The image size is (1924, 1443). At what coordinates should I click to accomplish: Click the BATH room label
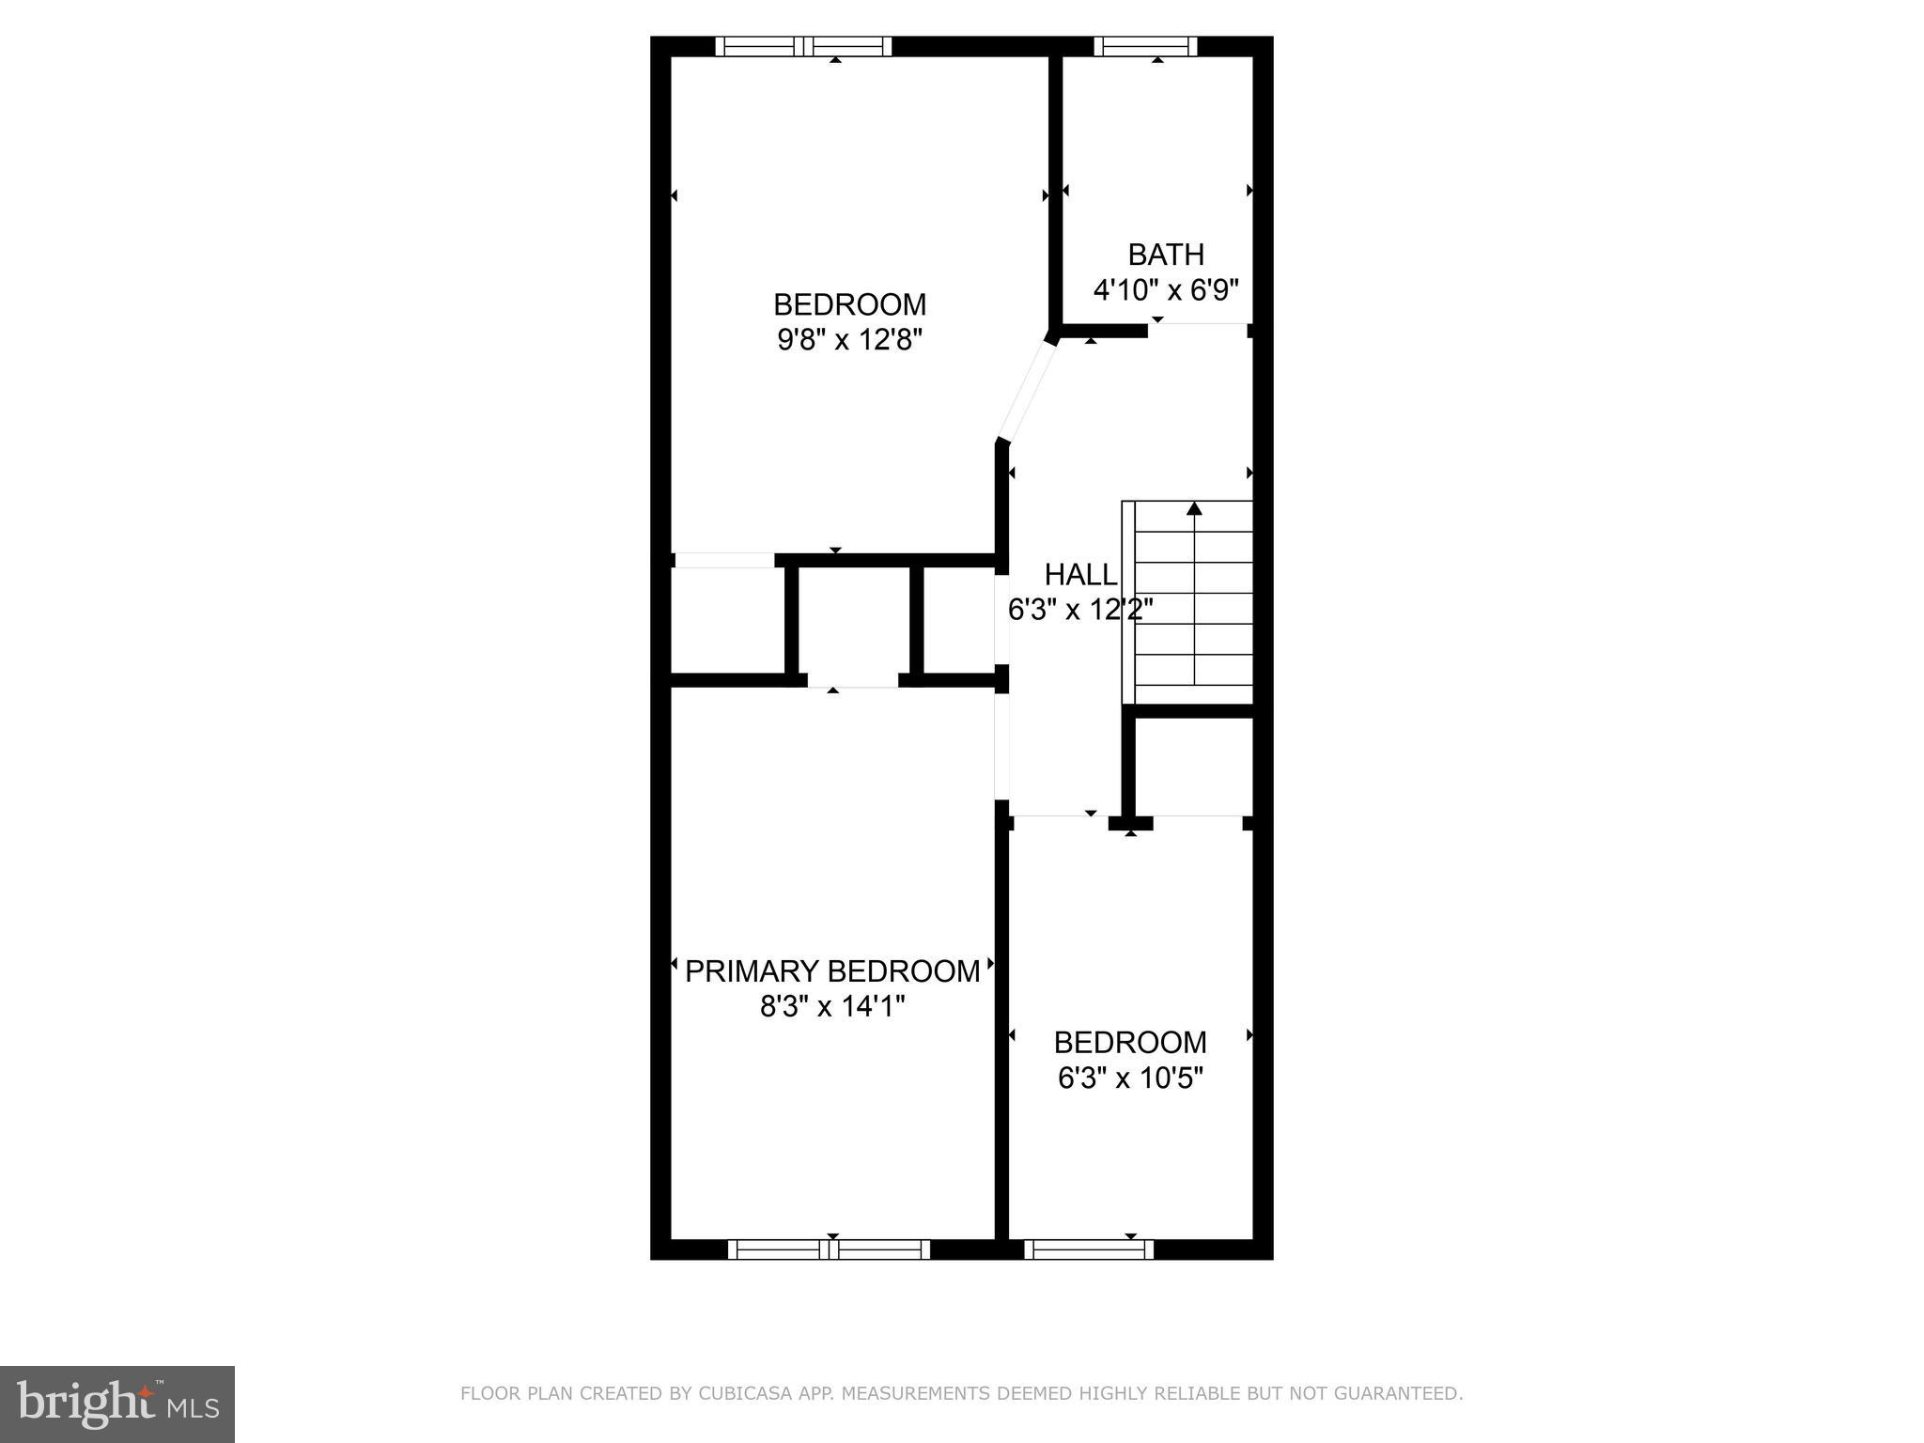[x=1166, y=255]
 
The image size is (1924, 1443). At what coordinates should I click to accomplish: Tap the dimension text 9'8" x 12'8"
[x=850, y=339]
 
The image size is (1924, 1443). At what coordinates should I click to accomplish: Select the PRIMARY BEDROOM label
[x=832, y=971]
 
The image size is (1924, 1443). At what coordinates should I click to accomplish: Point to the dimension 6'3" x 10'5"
[x=1130, y=1078]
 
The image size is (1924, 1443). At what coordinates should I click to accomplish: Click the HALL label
[x=1080, y=574]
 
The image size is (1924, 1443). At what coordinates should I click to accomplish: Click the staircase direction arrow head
[x=1194, y=509]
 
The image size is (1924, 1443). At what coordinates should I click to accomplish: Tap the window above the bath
[x=1145, y=46]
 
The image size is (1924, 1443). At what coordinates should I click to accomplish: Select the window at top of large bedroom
[x=803, y=46]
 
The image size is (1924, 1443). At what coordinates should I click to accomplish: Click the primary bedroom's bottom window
[x=829, y=1249]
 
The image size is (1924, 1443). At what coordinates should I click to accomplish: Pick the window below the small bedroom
[x=1089, y=1249]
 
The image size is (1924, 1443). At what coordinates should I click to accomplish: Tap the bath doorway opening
[x=1198, y=325]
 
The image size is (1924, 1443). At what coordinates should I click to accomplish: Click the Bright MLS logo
[x=116, y=1404]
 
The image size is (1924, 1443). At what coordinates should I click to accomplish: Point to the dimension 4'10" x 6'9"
[x=1166, y=289]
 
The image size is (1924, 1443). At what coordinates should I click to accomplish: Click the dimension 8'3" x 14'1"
[x=832, y=1007]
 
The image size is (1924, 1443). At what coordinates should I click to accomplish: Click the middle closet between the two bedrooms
[x=854, y=622]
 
